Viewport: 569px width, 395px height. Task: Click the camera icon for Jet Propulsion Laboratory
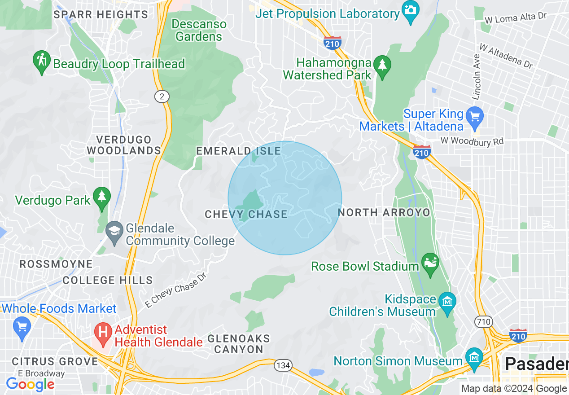pos(410,9)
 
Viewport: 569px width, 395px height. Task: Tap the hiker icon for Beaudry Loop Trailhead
pos(42,60)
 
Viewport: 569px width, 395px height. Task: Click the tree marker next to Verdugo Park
pos(102,197)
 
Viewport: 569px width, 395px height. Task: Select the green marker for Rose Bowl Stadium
pos(430,263)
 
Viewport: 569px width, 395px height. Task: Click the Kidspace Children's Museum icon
pos(447,302)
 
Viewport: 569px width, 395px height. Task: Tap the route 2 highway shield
pos(162,96)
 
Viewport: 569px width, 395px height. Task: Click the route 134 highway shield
pos(283,365)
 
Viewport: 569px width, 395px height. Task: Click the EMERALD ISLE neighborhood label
pos(239,151)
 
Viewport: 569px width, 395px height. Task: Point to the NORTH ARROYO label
pos(384,212)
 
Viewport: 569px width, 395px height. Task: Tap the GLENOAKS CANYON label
pos(238,343)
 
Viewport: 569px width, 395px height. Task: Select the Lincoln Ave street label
pos(477,77)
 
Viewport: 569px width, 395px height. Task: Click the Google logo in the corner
pos(30,384)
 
